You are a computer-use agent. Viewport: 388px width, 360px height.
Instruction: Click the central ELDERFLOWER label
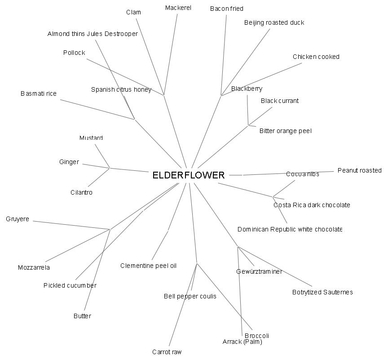(188, 175)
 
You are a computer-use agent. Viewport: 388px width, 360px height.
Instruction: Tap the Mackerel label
(178, 8)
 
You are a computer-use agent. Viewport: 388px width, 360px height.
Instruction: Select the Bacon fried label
(227, 9)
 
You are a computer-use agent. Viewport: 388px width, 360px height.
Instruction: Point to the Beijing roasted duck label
(274, 22)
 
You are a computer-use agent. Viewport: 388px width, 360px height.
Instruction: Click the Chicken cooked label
(316, 57)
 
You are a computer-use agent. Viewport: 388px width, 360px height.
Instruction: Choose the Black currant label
(279, 101)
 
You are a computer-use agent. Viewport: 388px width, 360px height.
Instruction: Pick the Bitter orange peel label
(285, 131)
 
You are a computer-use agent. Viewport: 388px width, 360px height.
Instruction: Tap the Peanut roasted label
(359, 170)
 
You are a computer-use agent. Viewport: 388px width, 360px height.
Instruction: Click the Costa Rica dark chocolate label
(312, 205)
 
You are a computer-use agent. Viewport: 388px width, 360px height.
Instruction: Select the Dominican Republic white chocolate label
(290, 229)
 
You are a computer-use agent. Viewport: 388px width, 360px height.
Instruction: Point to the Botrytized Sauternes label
(322, 292)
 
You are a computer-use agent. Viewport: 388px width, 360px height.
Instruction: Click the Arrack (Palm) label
(242, 342)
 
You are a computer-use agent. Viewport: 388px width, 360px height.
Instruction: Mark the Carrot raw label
(167, 352)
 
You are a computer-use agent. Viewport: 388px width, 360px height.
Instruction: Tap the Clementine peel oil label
(148, 266)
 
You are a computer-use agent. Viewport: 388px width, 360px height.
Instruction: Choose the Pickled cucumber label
(70, 285)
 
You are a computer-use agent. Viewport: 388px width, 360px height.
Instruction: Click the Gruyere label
(18, 219)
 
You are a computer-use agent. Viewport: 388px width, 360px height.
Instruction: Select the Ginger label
(69, 162)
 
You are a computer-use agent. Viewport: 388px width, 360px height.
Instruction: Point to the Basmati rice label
(39, 93)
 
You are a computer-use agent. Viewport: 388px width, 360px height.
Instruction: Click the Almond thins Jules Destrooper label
(93, 34)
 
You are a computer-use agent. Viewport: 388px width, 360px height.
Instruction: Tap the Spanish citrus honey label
(121, 89)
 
